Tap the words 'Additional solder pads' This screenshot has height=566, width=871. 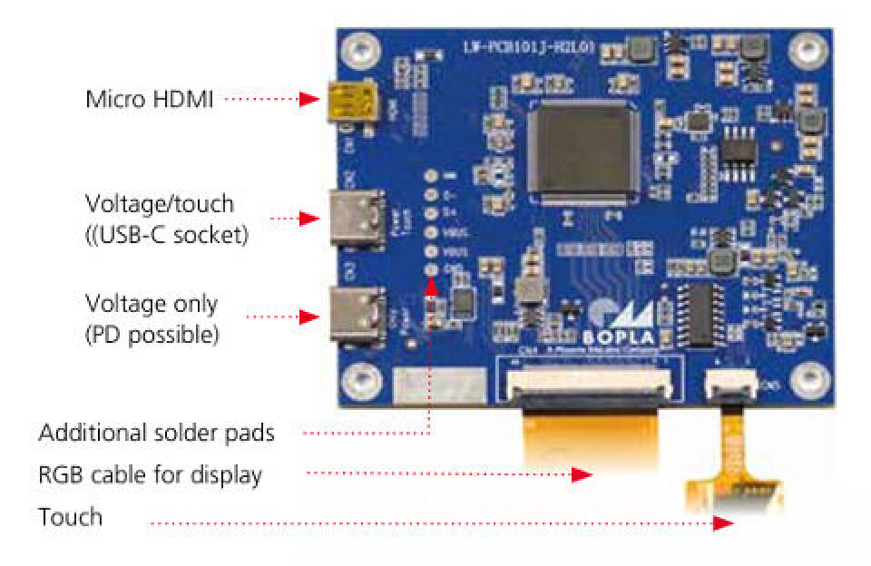point(156,434)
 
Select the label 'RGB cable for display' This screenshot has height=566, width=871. point(150,474)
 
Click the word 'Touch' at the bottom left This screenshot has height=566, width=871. point(70,517)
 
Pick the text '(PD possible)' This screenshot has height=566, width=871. point(152,334)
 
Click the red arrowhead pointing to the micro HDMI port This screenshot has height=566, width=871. point(310,99)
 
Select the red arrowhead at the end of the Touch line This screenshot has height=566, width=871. point(723,523)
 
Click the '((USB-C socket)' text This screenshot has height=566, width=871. point(166,237)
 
